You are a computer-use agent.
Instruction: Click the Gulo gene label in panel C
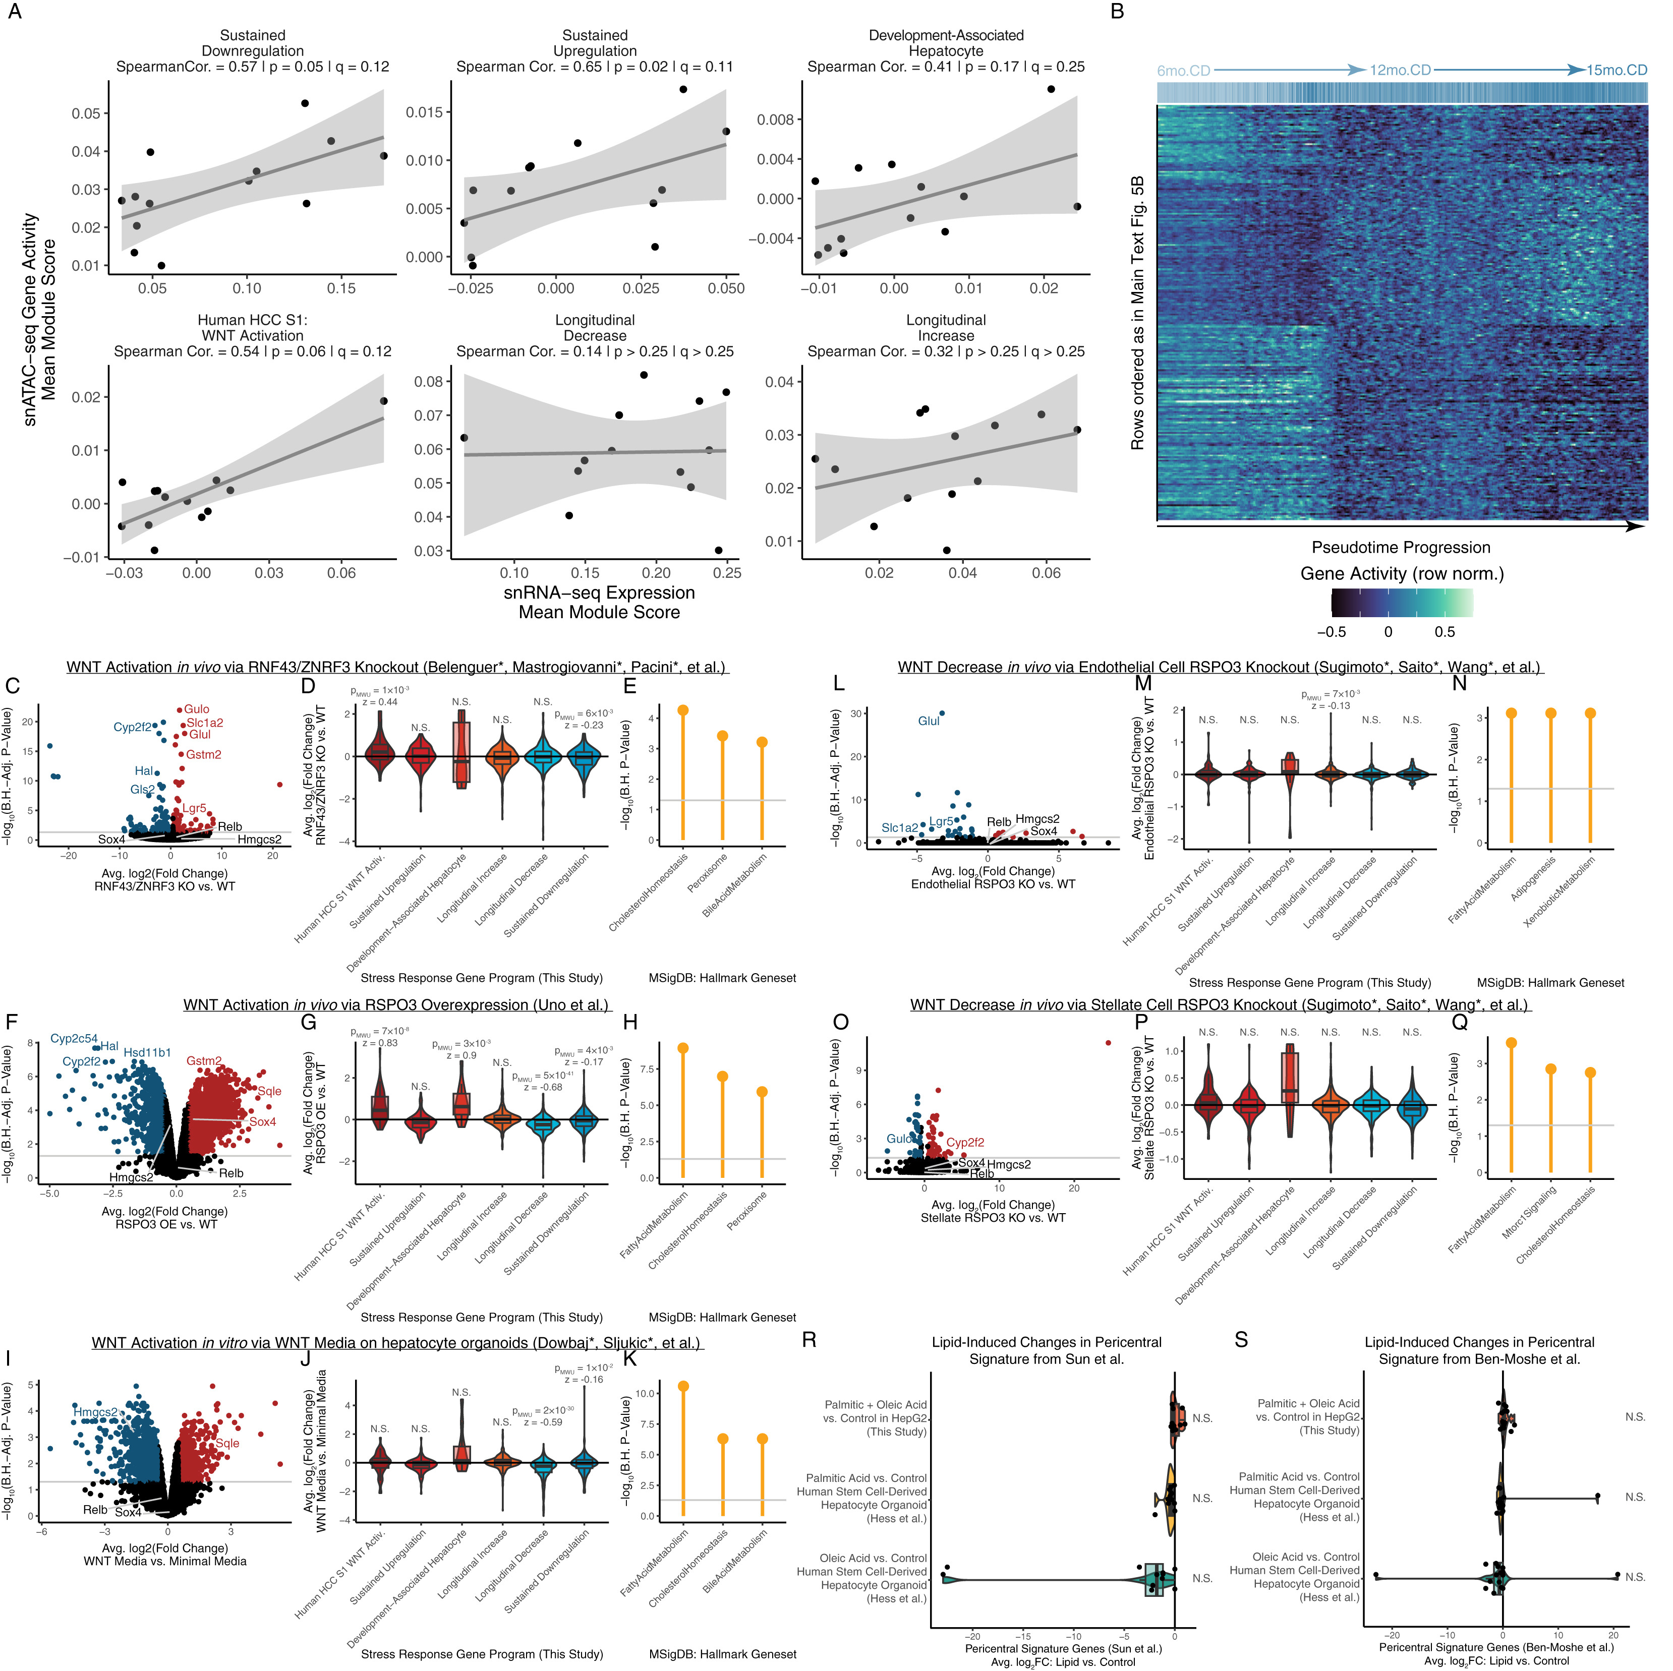(197, 709)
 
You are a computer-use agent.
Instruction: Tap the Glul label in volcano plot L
(928, 721)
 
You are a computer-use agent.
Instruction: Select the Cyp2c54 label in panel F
(74, 1039)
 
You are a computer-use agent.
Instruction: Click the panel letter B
(1117, 12)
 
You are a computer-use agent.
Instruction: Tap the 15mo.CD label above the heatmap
(1616, 70)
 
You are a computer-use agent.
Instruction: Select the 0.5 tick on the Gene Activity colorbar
(1445, 632)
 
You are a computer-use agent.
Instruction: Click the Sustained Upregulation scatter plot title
(595, 43)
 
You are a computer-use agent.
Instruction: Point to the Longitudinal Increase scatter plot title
(946, 328)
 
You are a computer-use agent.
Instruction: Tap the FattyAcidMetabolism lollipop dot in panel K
(683, 1386)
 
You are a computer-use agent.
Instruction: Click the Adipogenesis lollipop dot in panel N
(1551, 713)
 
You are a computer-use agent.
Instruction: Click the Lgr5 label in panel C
(194, 809)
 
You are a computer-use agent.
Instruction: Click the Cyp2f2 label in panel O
(965, 1143)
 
